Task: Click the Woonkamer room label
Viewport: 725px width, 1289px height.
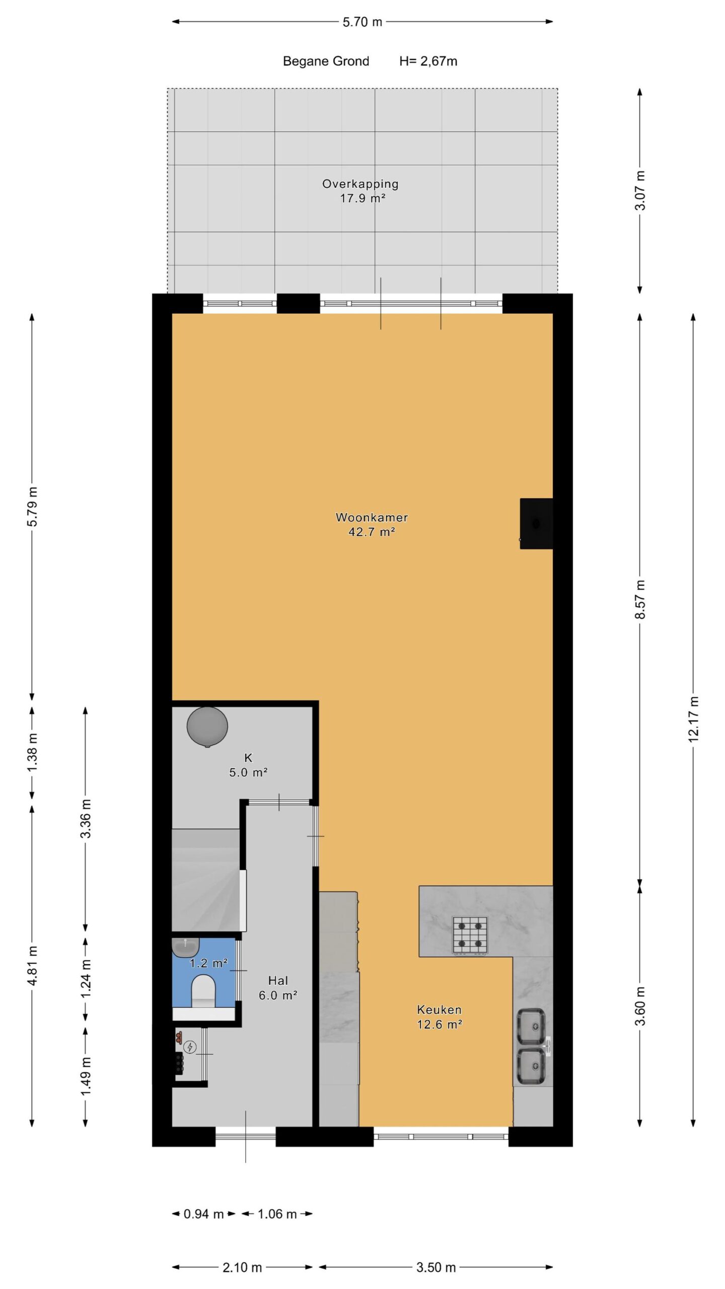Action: pos(372,517)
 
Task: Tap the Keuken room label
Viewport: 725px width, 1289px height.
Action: pos(439,1010)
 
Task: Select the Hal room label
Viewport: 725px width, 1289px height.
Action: pos(278,980)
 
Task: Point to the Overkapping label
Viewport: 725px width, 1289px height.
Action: pos(360,184)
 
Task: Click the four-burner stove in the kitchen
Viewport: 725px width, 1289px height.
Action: pos(470,935)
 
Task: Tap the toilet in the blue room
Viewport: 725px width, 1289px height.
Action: pos(203,990)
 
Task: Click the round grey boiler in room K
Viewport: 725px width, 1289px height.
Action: pos(207,727)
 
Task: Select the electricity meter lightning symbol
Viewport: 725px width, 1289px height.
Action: pos(190,1047)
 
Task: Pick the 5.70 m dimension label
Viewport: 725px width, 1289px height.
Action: pos(362,22)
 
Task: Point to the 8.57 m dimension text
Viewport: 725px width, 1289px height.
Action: pos(640,600)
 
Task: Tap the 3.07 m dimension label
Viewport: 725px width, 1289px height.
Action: pos(640,191)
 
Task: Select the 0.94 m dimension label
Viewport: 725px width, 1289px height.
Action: pos(203,1214)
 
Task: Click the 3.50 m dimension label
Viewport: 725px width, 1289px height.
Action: pos(436,1267)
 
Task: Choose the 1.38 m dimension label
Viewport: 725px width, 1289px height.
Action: pos(32,753)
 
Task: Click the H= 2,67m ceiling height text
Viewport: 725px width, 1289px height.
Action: pos(428,61)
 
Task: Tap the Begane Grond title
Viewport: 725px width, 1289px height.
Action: pos(326,61)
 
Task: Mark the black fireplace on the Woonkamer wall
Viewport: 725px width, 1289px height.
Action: pos(536,524)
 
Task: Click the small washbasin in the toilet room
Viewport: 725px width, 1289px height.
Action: pos(186,947)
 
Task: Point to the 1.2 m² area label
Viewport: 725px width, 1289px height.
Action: pos(208,963)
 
